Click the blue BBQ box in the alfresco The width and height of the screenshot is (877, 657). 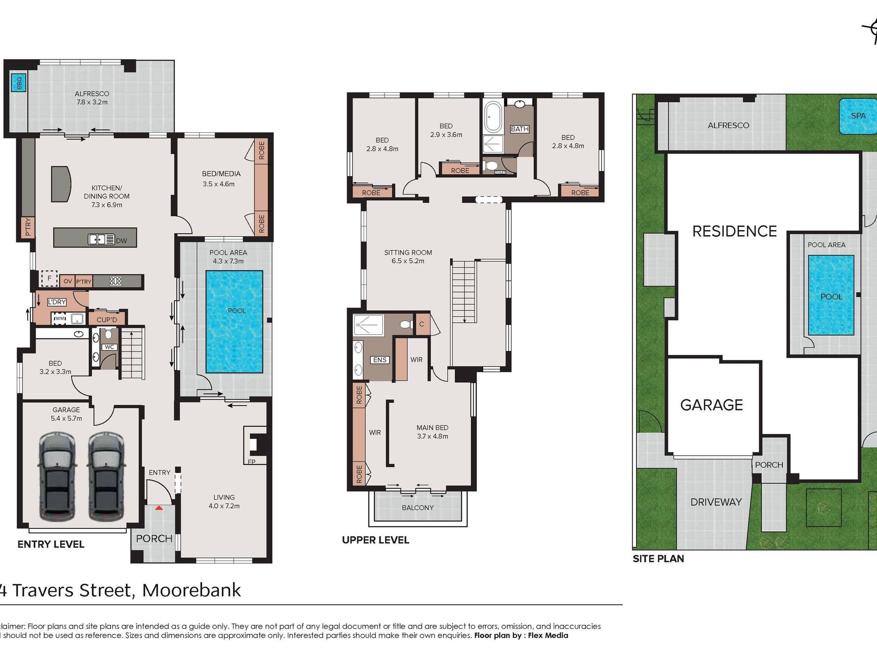click(19, 83)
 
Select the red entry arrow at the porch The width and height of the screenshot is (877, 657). click(159, 508)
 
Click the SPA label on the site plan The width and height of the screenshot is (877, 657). click(858, 116)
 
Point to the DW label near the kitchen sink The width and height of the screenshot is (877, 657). click(121, 241)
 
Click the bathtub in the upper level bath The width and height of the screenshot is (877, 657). click(493, 117)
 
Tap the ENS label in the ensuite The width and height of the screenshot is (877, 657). click(379, 360)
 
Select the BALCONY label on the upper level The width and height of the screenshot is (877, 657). click(417, 508)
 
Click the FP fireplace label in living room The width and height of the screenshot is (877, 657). click(252, 462)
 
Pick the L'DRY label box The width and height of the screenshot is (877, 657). click(57, 302)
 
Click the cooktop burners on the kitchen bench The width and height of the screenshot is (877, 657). click(115, 280)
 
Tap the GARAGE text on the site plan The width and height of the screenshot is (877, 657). click(711, 405)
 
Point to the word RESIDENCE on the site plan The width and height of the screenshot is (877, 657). click(734, 231)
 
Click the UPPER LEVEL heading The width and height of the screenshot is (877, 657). click(375, 540)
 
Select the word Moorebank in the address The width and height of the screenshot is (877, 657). click(191, 590)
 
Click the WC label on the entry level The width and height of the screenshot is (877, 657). click(109, 347)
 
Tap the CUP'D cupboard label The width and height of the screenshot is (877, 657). click(107, 320)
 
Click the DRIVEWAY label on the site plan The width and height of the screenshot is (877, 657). click(716, 502)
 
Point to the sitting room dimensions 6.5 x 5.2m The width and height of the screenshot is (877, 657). click(408, 261)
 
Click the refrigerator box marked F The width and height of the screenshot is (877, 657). click(49, 278)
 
